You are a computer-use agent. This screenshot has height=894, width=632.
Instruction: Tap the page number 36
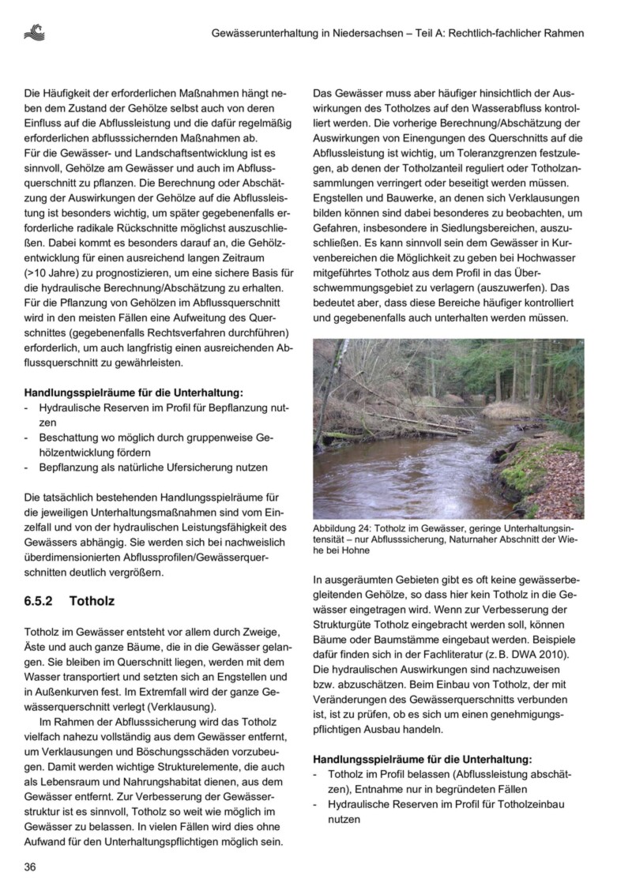[30, 867]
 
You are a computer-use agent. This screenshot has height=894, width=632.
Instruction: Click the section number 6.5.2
[39, 601]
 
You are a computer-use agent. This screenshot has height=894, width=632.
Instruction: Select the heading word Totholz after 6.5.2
[92, 601]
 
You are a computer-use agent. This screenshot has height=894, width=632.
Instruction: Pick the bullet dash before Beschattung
[27, 438]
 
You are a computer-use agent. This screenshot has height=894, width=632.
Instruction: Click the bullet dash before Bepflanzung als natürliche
[27, 468]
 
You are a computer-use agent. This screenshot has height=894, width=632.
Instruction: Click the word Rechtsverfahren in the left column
[197, 332]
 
